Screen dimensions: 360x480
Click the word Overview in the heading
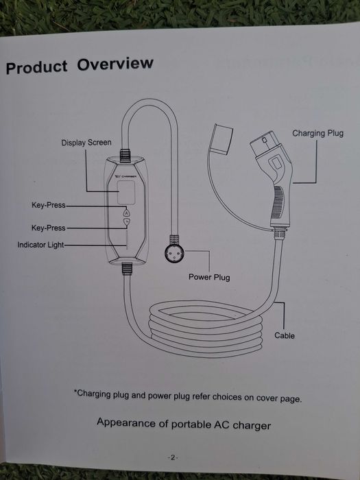coord(115,64)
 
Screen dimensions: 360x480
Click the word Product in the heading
coord(37,67)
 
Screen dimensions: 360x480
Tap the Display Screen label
coord(86,143)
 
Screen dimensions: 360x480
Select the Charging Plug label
coord(317,133)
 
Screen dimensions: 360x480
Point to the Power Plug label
coord(209,277)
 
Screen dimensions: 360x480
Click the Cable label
coord(285,335)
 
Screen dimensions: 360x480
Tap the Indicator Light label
coord(40,245)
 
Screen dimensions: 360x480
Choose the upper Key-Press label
coord(49,205)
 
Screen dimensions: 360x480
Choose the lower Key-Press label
coord(49,228)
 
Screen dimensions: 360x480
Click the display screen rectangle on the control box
coord(126,192)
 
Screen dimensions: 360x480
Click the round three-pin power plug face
coord(174,254)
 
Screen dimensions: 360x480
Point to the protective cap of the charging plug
coord(223,139)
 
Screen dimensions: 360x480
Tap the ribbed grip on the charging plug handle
coord(278,202)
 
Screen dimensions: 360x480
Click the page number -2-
coord(173,457)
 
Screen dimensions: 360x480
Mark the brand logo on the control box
coord(126,176)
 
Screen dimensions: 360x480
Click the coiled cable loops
coord(205,329)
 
